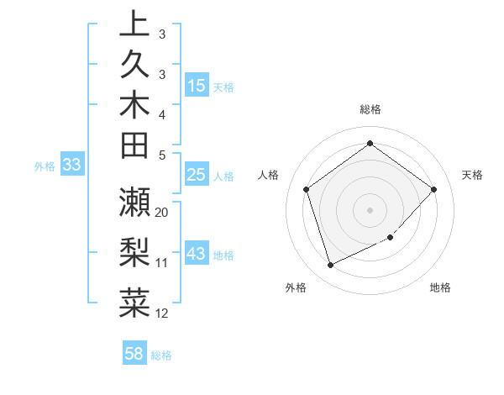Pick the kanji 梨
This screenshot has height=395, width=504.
click(x=134, y=251)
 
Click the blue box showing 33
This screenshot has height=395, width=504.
click(x=72, y=166)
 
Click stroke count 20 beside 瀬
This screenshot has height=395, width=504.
click(x=162, y=213)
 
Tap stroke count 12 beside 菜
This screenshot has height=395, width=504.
click(x=162, y=313)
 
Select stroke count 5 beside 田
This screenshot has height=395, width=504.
click(x=161, y=155)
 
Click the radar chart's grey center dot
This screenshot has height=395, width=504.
click(x=370, y=209)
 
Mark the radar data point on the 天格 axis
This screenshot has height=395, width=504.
click(x=433, y=189)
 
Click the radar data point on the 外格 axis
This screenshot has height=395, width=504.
click(x=330, y=265)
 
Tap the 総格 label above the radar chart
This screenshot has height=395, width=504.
click(x=370, y=109)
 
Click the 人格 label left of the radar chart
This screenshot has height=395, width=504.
click(x=269, y=175)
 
